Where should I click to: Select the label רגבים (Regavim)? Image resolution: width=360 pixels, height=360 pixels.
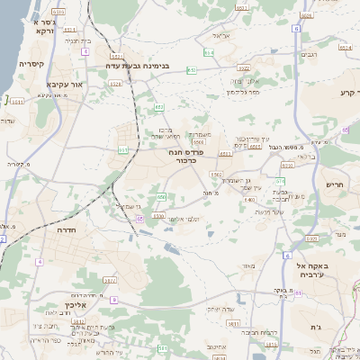point(311,55)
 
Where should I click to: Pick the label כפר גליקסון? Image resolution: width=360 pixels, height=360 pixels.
point(242,91)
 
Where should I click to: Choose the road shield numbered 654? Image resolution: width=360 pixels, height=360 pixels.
point(208,54)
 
